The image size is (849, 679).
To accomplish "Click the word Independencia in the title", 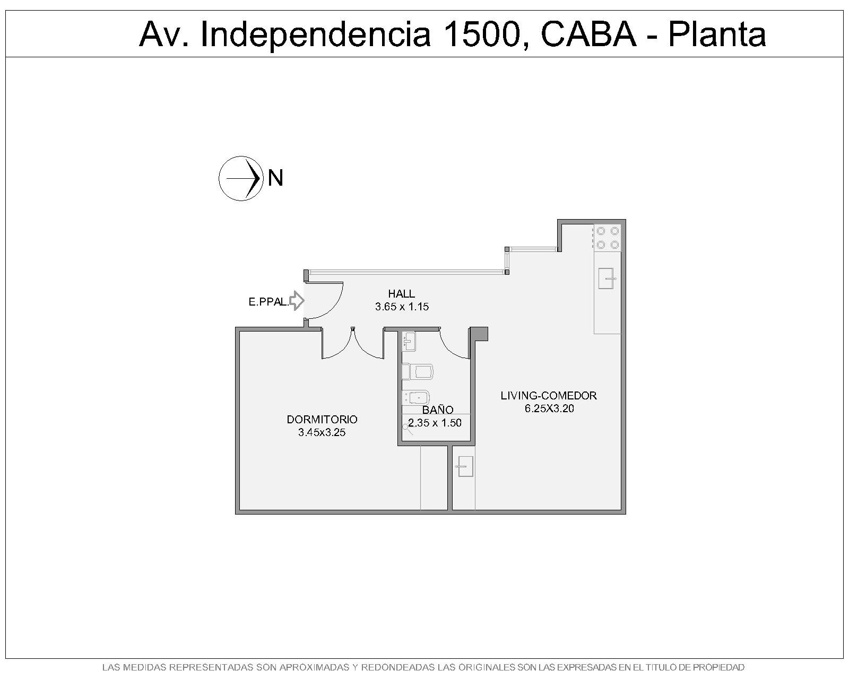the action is click(x=315, y=34).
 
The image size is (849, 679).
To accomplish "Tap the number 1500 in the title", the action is click(x=486, y=34).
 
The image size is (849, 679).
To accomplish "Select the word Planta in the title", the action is click(x=717, y=34).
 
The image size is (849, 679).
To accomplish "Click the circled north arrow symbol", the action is click(x=241, y=178).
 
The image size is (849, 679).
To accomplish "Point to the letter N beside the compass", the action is click(x=275, y=178).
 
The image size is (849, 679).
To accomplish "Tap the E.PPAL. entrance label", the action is click(x=268, y=302).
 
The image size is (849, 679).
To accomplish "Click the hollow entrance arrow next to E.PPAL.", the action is click(x=297, y=301).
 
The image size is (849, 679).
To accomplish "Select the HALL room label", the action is click(x=401, y=293).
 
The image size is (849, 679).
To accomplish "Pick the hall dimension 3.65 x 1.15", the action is click(x=402, y=307).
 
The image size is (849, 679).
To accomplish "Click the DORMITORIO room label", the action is click(x=322, y=420).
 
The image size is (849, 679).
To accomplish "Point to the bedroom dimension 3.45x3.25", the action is click(x=322, y=432).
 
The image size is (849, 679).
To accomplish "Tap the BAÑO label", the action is click(x=438, y=409).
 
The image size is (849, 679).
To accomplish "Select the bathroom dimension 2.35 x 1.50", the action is click(x=435, y=423).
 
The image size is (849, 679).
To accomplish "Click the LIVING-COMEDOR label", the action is click(x=548, y=396).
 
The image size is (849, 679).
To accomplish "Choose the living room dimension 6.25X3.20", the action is click(x=549, y=409).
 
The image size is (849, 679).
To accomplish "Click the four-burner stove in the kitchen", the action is click(x=608, y=238).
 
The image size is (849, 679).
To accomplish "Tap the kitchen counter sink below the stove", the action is click(x=606, y=278).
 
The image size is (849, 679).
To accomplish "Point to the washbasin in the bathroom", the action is click(x=409, y=341).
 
